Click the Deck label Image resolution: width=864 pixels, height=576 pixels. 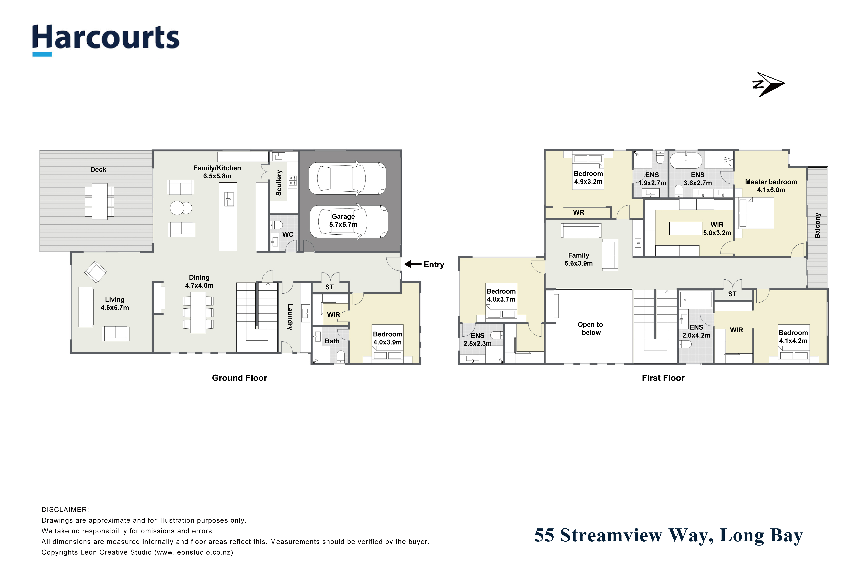[x=98, y=169]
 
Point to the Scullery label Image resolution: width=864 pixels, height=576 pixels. [x=279, y=183]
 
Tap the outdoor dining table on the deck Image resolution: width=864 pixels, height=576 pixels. [x=100, y=201]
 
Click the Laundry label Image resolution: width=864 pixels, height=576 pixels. [x=290, y=317]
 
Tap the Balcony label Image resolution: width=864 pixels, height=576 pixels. [x=817, y=226]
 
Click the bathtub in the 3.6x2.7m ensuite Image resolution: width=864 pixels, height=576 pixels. [x=686, y=160]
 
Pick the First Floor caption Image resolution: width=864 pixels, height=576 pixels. [x=663, y=378]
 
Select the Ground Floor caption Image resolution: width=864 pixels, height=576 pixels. [x=240, y=378]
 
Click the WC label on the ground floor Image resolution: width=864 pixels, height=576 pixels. [x=288, y=234]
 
